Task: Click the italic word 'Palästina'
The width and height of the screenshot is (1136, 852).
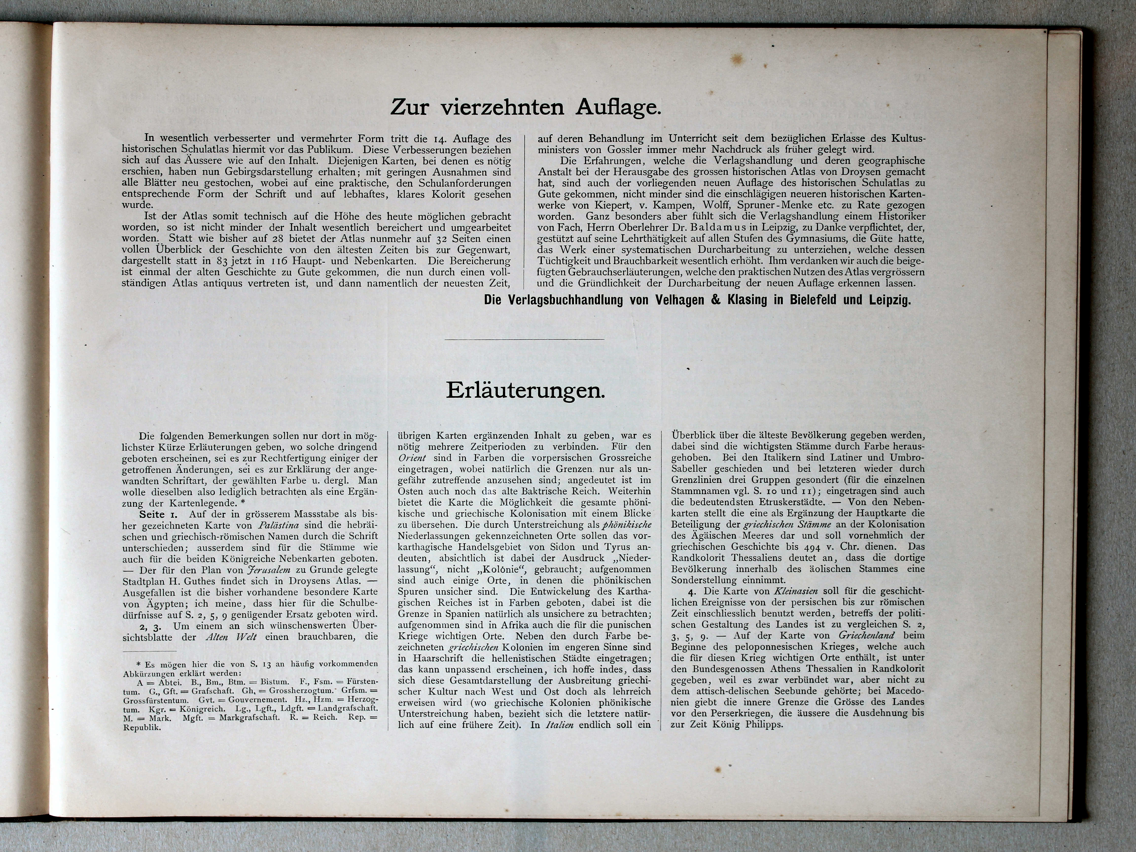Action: pyautogui.click(x=277, y=525)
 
